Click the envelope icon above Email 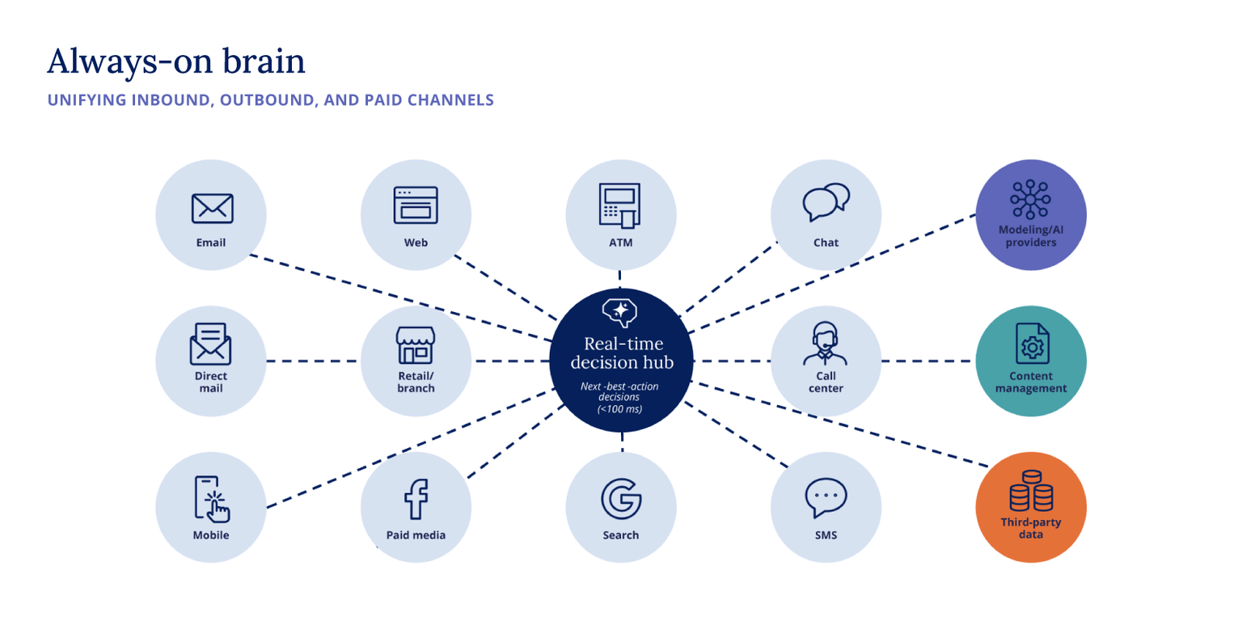[x=212, y=208]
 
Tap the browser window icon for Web [x=416, y=205]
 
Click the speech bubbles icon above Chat [x=826, y=202]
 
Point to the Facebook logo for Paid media [x=416, y=499]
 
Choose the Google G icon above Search [x=621, y=499]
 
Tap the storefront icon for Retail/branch [x=416, y=345]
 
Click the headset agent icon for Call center [x=826, y=344]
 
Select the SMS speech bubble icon [x=826, y=498]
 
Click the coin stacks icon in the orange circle [x=1031, y=492]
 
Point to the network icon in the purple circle [x=1030, y=199]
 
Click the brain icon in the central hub [x=620, y=311]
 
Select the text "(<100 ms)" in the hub [x=620, y=409]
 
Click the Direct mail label [x=211, y=382]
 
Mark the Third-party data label [x=1031, y=528]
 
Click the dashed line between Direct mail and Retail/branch [x=313, y=361]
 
